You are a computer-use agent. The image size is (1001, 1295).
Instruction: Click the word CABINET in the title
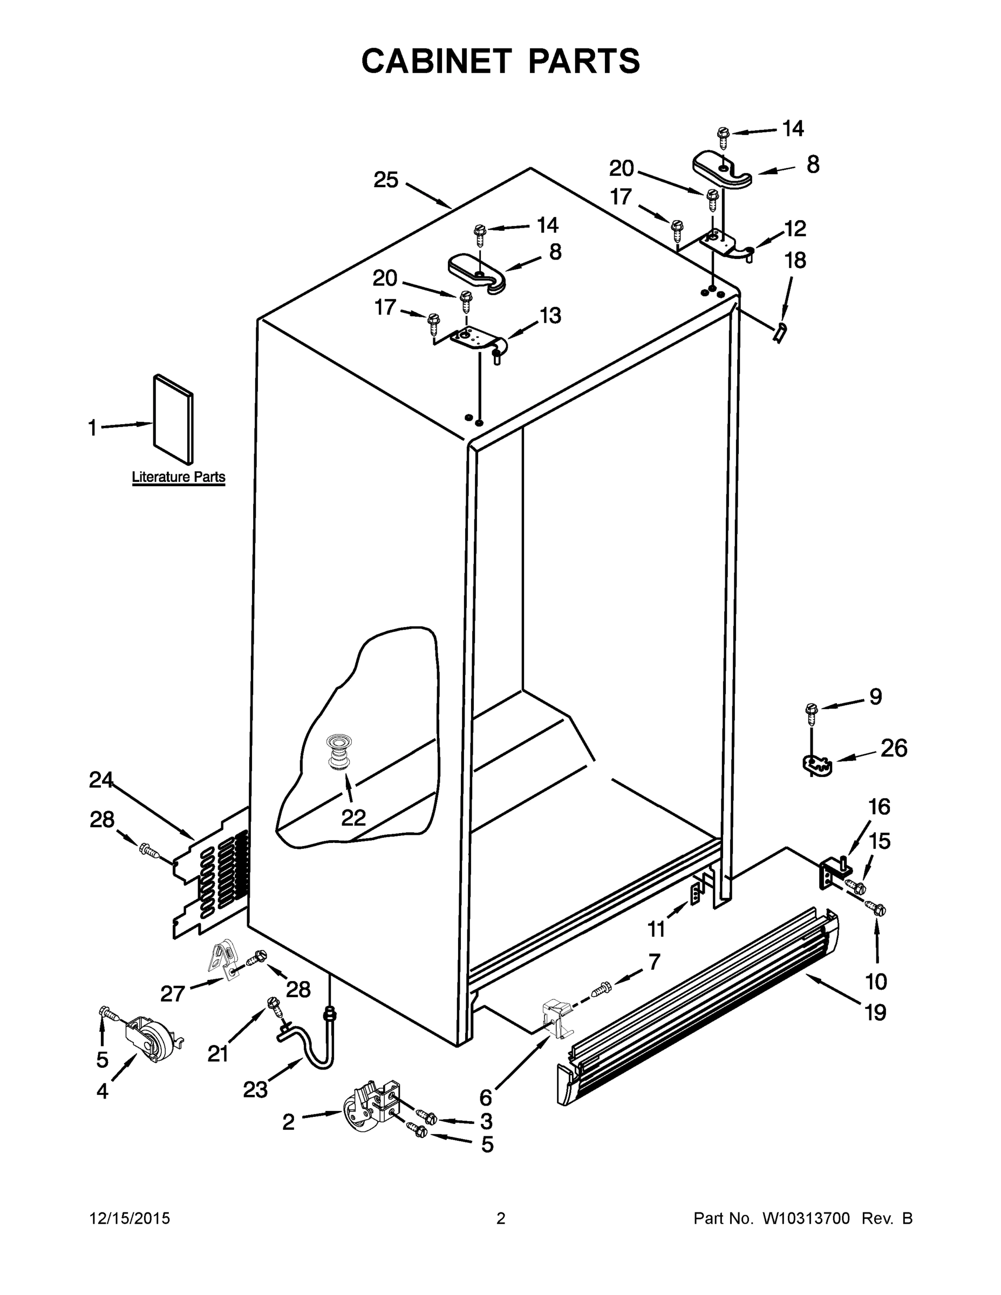tap(436, 61)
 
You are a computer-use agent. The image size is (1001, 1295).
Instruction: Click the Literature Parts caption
tap(178, 477)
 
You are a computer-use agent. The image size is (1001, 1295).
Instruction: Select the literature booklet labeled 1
tap(173, 419)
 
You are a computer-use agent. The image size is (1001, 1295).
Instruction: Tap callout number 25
tap(385, 180)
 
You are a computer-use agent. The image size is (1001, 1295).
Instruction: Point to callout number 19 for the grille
tap(875, 1012)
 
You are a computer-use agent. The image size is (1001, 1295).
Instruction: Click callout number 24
tap(101, 780)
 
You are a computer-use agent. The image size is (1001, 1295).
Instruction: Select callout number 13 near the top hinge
tap(550, 316)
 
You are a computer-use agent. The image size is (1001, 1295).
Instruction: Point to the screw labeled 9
tap(811, 711)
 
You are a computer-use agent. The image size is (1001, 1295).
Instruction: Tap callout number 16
tap(879, 807)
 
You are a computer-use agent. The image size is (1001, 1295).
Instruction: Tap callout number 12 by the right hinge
tap(795, 228)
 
